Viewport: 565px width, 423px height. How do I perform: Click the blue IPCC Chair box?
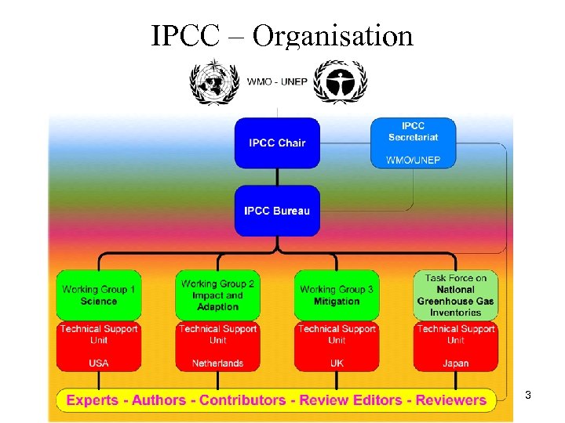[x=277, y=143]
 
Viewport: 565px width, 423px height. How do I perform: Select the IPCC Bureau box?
[x=277, y=210]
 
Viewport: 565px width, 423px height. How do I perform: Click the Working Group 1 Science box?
[x=99, y=295]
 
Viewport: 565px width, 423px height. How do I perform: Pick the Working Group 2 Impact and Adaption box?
[x=217, y=295]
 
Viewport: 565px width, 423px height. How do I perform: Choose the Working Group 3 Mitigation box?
[x=337, y=295]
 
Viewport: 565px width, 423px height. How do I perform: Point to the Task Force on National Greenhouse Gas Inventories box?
[x=455, y=295]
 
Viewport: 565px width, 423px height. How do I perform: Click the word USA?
[x=99, y=363]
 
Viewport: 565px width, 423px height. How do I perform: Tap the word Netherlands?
[x=217, y=363]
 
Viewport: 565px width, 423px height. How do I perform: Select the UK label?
[x=337, y=363]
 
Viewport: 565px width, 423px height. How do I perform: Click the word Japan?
[x=455, y=363]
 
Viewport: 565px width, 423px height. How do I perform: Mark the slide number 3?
[x=528, y=396]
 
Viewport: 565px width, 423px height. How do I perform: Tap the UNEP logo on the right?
[x=340, y=81]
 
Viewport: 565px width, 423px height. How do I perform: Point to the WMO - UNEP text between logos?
[x=276, y=81]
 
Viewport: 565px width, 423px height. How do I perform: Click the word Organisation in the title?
[x=333, y=35]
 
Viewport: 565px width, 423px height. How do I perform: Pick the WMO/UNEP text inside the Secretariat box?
[x=413, y=160]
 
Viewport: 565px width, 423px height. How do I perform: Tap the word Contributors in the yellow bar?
[x=242, y=400]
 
